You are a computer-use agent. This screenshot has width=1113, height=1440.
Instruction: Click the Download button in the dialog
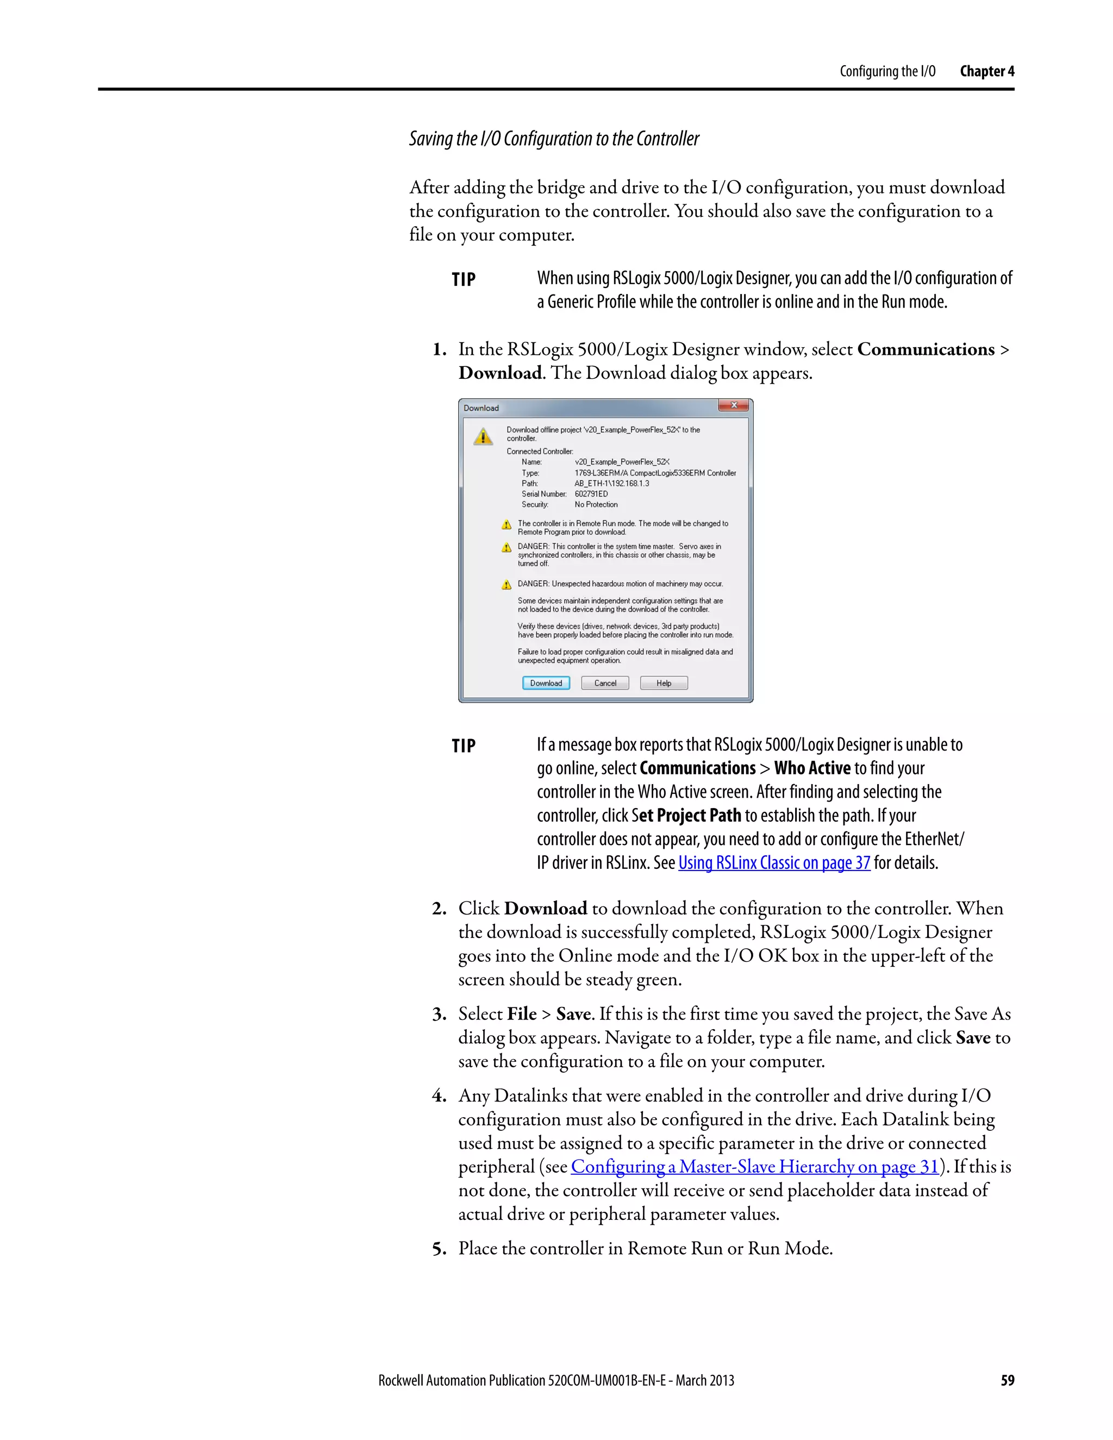(546, 683)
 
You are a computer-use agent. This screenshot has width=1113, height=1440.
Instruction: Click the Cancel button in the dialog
(605, 683)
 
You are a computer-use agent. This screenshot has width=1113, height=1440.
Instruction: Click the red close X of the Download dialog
(734, 405)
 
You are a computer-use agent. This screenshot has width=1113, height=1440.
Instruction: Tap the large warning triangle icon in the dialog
(483, 436)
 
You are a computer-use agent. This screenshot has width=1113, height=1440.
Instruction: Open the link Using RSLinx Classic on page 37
(774, 863)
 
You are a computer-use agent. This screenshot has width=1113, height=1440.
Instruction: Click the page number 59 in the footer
(1007, 1381)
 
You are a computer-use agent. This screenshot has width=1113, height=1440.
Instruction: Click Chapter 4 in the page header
(986, 71)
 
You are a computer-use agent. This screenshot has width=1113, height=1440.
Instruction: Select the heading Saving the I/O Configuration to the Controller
(554, 139)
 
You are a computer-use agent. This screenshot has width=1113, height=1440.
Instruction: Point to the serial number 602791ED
(591, 494)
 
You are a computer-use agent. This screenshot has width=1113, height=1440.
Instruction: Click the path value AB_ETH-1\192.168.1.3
(611, 483)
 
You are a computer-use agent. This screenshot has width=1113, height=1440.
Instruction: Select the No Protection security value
(596, 504)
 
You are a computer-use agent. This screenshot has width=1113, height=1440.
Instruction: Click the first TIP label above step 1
(464, 279)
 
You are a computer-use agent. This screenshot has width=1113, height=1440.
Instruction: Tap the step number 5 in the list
(439, 1249)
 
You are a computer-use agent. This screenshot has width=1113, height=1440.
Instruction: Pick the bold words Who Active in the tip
(812, 768)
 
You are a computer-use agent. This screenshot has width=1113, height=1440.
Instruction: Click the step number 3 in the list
(439, 1014)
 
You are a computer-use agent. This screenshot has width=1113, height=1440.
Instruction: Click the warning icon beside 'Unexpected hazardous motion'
(507, 584)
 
